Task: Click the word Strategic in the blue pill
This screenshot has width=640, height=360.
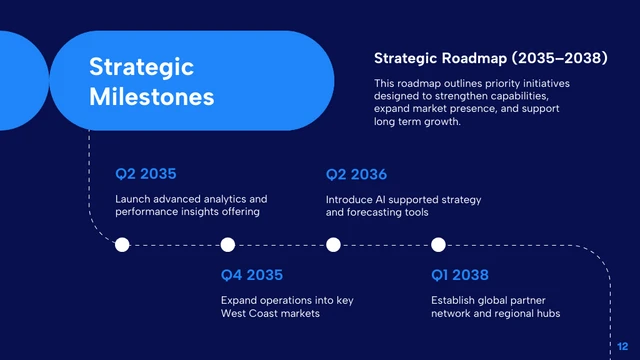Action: (x=141, y=67)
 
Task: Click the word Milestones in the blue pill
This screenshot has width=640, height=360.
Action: (x=151, y=97)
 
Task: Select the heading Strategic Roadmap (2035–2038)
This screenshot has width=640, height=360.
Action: (x=490, y=59)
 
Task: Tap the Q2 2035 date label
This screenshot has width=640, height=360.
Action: (x=146, y=174)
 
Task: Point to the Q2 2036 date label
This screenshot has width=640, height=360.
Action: (x=356, y=174)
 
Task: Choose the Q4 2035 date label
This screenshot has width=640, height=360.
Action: (x=251, y=274)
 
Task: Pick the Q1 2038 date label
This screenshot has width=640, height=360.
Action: (x=461, y=274)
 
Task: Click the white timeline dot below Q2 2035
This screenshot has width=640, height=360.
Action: (x=123, y=245)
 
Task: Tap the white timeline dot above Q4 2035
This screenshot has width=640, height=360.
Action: (x=228, y=245)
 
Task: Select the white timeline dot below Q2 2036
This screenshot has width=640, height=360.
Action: (x=333, y=245)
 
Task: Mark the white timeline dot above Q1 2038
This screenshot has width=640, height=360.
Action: (x=438, y=245)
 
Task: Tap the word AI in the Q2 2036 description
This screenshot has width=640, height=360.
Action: (x=383, y=200)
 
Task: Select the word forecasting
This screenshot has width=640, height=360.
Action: (x=376, y=213)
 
